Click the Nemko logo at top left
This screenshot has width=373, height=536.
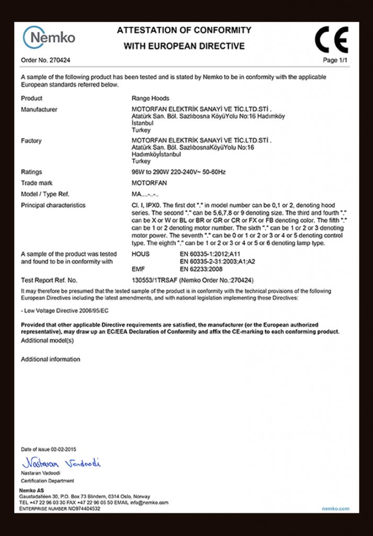point(49,37)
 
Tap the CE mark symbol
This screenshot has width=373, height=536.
point(331,39)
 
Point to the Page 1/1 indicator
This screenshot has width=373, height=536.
point(335,60)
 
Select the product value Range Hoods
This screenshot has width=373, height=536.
point(150,98)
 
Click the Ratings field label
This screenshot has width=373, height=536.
point(31,172)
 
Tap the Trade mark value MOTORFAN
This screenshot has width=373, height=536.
point(150,183)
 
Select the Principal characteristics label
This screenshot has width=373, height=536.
point(53,205)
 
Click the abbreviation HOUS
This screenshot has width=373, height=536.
point(140,254)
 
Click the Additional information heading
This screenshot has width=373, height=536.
point(50,359)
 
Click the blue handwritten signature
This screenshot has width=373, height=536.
point(61,463)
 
